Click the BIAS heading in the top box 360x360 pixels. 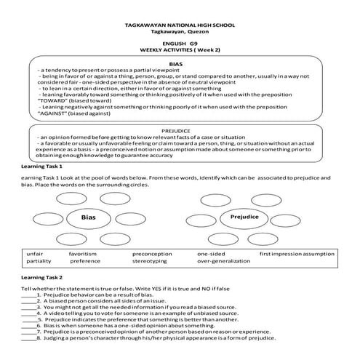click(176, 65)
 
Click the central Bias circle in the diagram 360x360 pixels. click(88, 217)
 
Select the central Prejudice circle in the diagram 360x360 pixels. click(244, 217)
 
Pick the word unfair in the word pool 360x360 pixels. click(36, 253)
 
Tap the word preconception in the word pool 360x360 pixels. click(153, 253)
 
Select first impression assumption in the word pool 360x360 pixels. click(297, 253)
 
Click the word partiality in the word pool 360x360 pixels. click(39, 260)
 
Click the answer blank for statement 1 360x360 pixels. click(28, 298)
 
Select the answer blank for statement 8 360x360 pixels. click(28, 338)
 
